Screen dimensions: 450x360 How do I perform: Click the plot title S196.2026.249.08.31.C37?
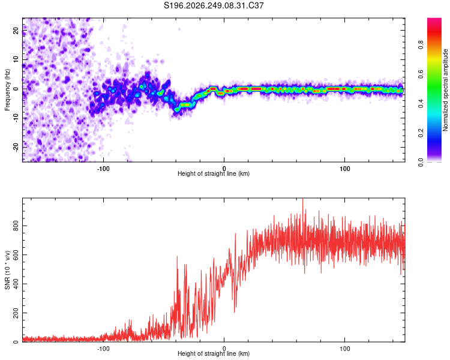214,5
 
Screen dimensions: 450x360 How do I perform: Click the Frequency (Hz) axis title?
7,90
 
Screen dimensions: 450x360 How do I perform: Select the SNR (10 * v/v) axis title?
7,270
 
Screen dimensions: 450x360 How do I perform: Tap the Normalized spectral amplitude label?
445,90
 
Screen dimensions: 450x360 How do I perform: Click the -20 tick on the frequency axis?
16,147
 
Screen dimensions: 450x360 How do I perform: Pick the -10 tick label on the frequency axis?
16,118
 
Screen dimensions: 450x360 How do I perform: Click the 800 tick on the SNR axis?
16,226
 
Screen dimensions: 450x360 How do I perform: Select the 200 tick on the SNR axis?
16,313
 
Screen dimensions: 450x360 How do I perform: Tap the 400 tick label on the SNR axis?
16,284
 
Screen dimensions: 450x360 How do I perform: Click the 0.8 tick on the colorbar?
421,45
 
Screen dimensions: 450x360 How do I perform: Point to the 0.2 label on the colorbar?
421,133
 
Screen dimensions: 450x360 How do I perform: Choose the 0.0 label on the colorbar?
421,162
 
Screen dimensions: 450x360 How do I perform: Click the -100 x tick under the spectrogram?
103,169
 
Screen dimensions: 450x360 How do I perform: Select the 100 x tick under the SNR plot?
344,349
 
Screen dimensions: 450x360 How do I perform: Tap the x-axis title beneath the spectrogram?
214,173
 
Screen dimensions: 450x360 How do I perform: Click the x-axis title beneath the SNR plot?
214,353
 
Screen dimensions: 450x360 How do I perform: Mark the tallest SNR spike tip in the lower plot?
303,199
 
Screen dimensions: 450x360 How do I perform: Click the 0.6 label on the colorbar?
421,74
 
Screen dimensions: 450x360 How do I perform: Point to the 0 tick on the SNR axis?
16,342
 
